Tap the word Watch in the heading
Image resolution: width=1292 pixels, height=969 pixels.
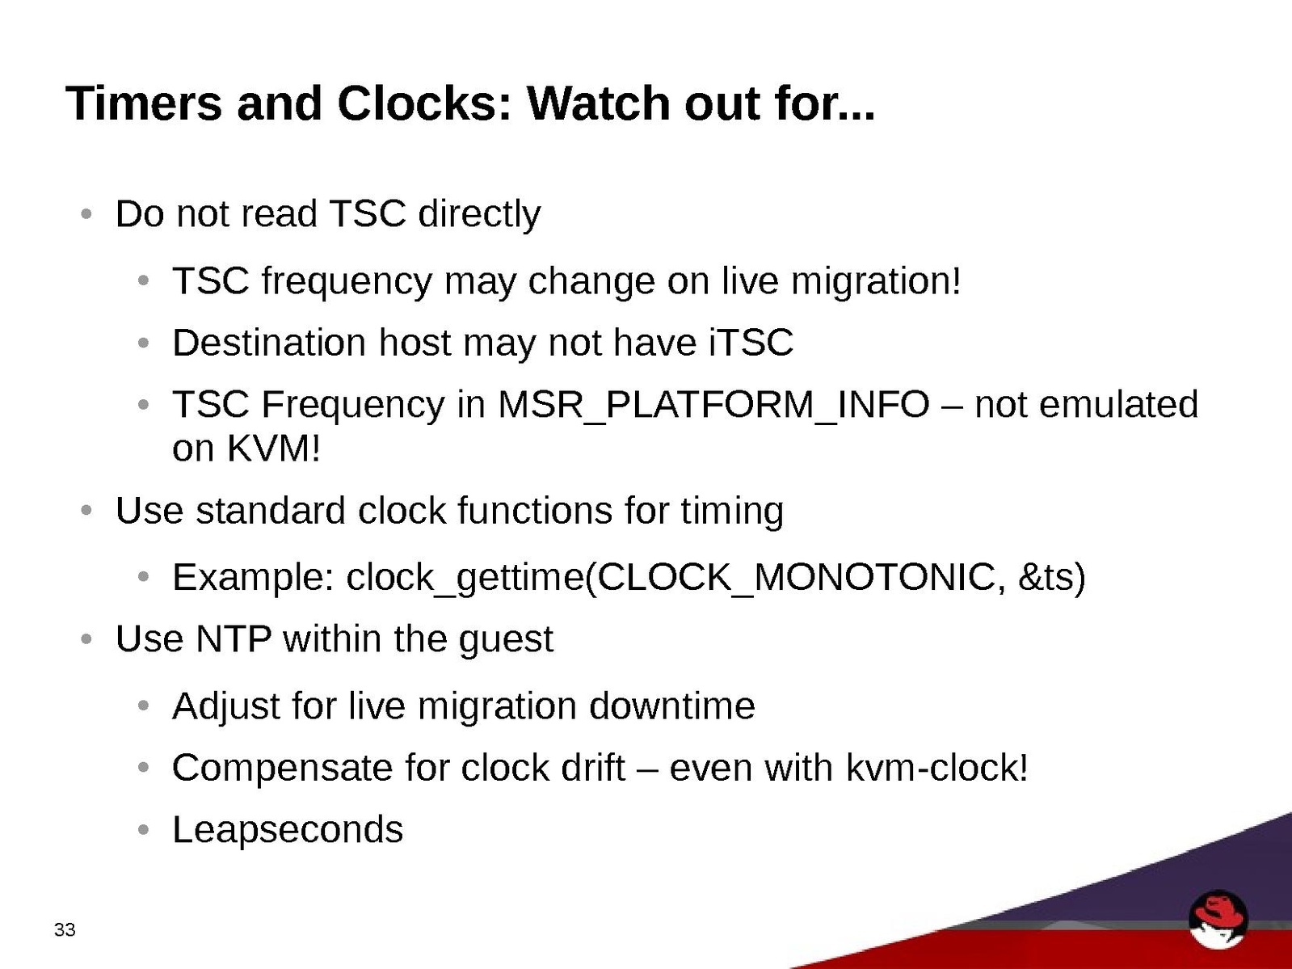598,103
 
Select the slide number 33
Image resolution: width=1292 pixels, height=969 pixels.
65,929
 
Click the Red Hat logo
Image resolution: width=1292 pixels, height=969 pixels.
1218,919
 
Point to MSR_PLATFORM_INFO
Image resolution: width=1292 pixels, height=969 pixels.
713,406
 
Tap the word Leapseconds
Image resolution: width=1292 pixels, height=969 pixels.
288,829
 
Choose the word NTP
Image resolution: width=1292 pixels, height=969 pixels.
234,638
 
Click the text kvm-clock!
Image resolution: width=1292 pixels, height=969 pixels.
936,768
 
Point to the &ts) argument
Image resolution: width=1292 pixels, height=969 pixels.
1051,577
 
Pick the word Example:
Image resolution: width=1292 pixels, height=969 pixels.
254,577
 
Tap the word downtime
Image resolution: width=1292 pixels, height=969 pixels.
671,706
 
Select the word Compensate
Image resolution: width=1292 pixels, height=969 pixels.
282,769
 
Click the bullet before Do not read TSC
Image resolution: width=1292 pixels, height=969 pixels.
86,213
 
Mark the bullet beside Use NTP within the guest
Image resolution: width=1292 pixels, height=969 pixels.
86,638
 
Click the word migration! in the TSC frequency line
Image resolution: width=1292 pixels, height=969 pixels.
876,282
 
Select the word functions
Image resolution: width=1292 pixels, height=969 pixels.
534,510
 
